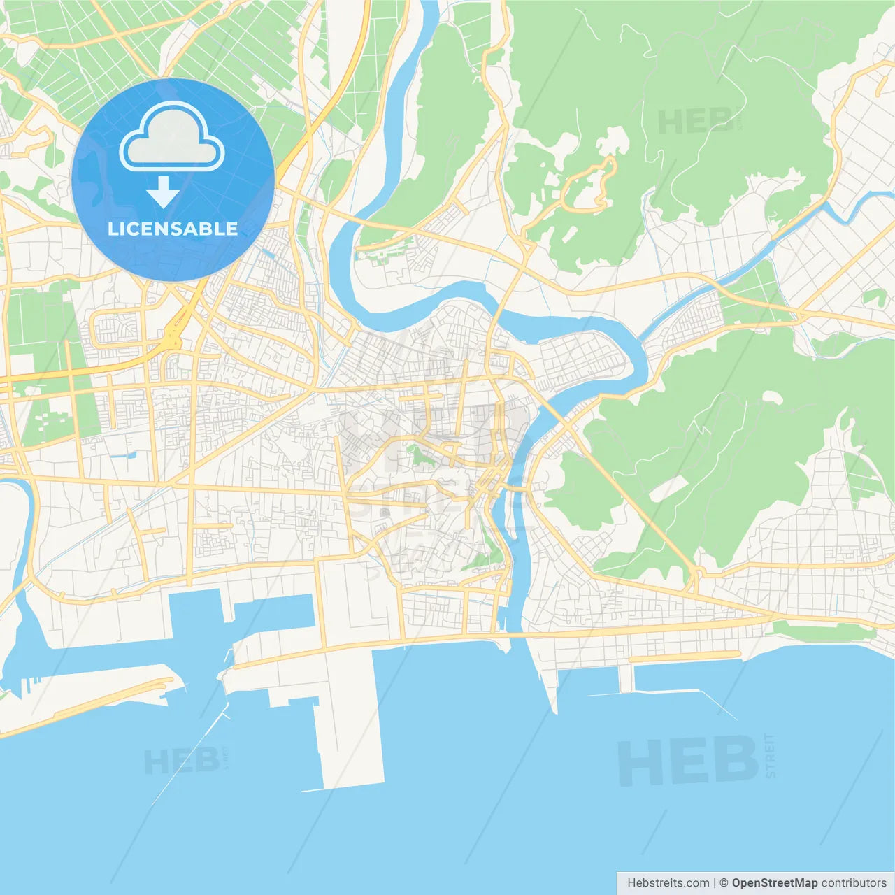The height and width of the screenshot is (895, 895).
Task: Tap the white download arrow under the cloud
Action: click(x=163, y=193)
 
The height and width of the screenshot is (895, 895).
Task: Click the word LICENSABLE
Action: click(x=173, y=229)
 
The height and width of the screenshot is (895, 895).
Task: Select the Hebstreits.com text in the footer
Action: click(x=668, y=883)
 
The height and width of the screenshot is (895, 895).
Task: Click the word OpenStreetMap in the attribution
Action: click(x=774, y=883)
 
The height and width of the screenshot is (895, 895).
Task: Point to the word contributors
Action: click(x=853, y=883)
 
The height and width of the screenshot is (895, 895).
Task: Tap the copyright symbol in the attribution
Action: click(x=724, y=883)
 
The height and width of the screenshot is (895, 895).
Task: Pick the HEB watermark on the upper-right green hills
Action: click(x=696, y=122)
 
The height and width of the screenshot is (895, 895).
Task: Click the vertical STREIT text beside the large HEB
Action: click(x=771, y=755)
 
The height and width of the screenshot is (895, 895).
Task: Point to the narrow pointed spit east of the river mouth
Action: click(x=549, y=682)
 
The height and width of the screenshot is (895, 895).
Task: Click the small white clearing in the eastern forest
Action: click(x=771, y=396)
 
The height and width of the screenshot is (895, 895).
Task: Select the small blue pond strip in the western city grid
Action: click(x=123, y=455)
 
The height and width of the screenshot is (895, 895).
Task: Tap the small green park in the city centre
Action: click(x=420, y=454)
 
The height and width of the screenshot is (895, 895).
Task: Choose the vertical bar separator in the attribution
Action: click(x=714, y=883)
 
